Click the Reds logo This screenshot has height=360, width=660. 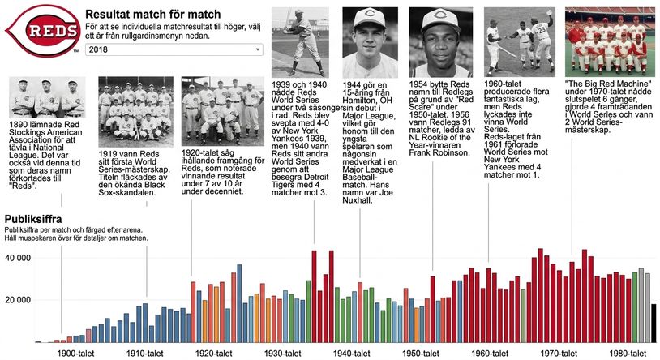click(x=42, y=31)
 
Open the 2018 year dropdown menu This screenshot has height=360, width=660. click(x=174, y=49)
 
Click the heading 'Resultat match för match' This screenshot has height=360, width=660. click(x=152, y=14)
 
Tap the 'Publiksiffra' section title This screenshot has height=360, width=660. click(x=33, y=219)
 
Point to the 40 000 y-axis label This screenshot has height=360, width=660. click(x=18, y=258)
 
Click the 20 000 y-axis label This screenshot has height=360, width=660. click(x=18, y=300)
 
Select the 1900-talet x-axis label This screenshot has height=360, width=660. click(x=75, y=354)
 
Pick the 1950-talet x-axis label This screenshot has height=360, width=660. click(x=421, y=354)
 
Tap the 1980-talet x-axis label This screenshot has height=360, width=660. click(x=628, y=354)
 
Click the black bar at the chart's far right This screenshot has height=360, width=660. click(x=654, y=323)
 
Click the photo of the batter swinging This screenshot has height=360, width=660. click(x=300, y=42)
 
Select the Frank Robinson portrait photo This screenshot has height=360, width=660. click(x=441, y=42)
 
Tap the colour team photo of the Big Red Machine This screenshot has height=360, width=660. click(x=610, y=41)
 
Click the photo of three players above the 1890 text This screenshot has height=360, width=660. click(x=47, y=97)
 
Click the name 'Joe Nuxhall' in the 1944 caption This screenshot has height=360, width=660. click(x=367, y=196)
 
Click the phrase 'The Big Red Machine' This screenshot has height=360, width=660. click(x=609, y=84)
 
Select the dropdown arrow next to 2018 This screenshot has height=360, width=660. click(x=258, y=49)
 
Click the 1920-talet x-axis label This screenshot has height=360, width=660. click(x=214, y=354)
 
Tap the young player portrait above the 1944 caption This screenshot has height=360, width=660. click(x=370, y=42)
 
